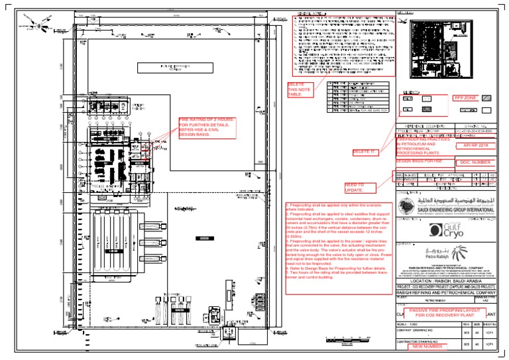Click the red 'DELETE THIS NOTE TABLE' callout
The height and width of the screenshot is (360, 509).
click(x=298, y=90)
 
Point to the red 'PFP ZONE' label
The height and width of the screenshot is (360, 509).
click(x=465, y=97)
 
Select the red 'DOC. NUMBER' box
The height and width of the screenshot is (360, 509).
click(x=475, y=162)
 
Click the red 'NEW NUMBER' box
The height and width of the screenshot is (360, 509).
click(x=426, y=347)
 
